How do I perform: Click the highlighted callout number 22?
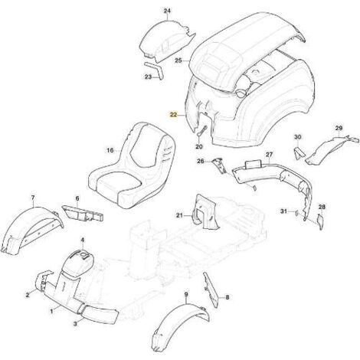173,115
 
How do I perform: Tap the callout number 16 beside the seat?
110,150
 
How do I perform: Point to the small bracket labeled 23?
154,70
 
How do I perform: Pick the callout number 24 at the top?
167,11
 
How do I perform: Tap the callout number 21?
179,216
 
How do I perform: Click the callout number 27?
270,155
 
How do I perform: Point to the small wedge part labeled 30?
299,153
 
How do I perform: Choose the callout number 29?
339,128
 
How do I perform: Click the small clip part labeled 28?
320,221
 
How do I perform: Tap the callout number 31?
283,211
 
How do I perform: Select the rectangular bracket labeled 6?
83,213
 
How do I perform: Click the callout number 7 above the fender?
32,198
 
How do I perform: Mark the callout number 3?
75,324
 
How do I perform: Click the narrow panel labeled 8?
211,290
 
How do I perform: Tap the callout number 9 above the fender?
186,294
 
